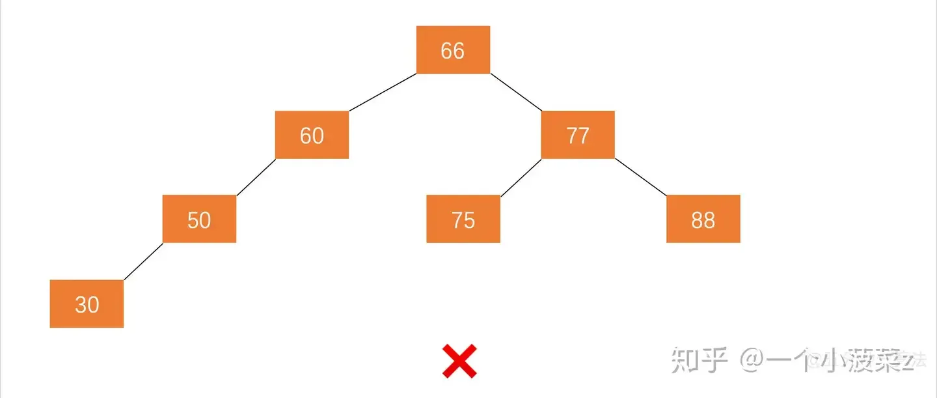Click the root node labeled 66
pyautogui.click(x=453, y=50)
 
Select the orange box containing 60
pyautogui.click(x=312, y=135)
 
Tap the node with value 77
pyautogui.click(x=578, y=135)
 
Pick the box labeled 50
pyautogui.click(x=199, y=219)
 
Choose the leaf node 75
pyautogui.click(x=463, y=219)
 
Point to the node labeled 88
pyautogui.click(x=703, y=219)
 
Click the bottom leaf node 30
pyautogui.click(x=87, y=304)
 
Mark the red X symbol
pyautogui.click(x=459, y=362)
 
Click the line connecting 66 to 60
pyautogui.click(x=383, y=92)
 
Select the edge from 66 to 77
pyautogui.click(x=516, y=92)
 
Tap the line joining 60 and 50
pyautogui.click(x=256, y=177)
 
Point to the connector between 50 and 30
pyautogui.click(x=143, y=262)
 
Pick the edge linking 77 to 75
pyautogui.click(x=521, y=177)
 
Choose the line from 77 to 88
pyautogui.click(x=641, y=177)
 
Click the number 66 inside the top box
pyautogui.click(x=453, y=50)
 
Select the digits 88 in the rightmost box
pyautogui.click(x=703, y=220)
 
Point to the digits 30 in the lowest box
pyautogui.click(x=87, y=304)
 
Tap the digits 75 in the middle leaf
pyautogui.click(x=463, y=220)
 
